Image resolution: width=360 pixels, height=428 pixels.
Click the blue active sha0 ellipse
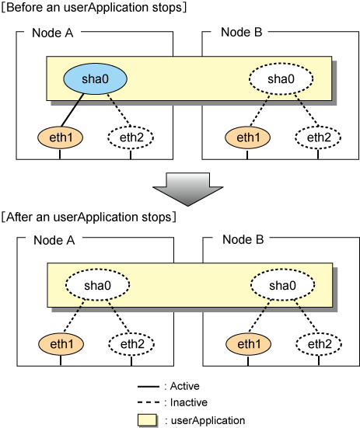click(x=95, y=79)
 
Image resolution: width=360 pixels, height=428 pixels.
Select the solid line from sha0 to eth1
click(x=72, y=110)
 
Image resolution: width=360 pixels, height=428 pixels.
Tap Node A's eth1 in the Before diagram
click(x=60, y=137)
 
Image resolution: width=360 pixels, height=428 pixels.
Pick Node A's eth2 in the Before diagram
click(x=131, y=137)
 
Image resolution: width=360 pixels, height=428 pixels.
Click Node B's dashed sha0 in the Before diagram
click(x=281, y=79)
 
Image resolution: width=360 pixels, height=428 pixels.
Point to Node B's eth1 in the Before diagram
click(x=247, y=137)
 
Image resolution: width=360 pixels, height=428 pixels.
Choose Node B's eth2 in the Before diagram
click(x=318, y=137)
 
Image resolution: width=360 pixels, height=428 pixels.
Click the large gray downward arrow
click(x=188, y=189)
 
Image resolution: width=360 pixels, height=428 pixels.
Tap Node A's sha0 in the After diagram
click(x=97, y=285)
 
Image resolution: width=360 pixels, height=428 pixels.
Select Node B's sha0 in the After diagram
click(x=283, y=285)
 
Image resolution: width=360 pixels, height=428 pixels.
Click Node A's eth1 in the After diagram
click(x=61, y=344)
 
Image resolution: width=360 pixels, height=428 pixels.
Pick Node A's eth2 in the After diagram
click(x=131, y=344)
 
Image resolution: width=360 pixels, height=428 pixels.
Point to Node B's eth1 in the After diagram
click(x=248, y=344)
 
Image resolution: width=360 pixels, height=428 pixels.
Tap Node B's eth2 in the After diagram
click(x=319, y=344)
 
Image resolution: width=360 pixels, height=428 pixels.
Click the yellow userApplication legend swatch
click(x=148, y=420)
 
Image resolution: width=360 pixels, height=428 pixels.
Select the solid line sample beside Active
click(x=149, y=387)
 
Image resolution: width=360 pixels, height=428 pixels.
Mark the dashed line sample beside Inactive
click(x=149, y=402)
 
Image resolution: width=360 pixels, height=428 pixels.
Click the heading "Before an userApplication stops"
click(x=94, y=7)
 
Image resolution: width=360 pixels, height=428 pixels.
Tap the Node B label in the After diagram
click(x=243, y=240)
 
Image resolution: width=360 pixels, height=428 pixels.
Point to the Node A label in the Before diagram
click(x=52, y=33)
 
